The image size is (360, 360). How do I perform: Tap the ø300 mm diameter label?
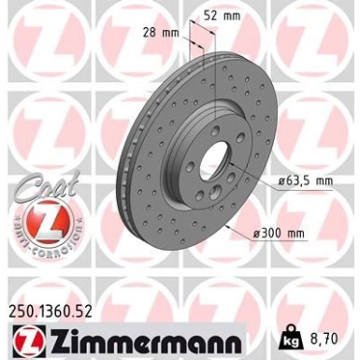tap(283, 232)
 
